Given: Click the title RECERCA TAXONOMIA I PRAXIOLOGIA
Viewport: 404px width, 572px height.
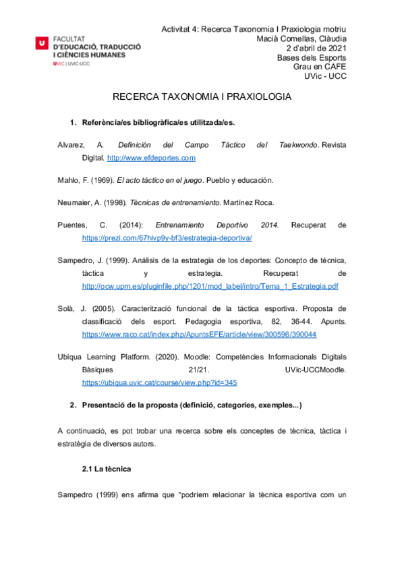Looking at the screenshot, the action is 202,97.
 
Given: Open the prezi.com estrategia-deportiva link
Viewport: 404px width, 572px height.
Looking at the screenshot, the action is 167,238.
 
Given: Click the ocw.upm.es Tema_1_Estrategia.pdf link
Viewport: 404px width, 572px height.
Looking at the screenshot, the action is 210,286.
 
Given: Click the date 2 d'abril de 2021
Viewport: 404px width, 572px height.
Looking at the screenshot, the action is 316,49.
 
